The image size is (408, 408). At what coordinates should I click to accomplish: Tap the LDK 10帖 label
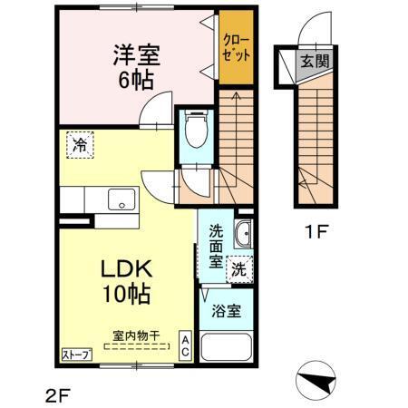125,281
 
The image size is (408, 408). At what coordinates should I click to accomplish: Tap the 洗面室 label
215,243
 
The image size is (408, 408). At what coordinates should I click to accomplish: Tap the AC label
184,345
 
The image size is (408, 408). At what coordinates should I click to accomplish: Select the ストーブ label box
76,355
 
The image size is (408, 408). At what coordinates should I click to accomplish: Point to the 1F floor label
315,230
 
